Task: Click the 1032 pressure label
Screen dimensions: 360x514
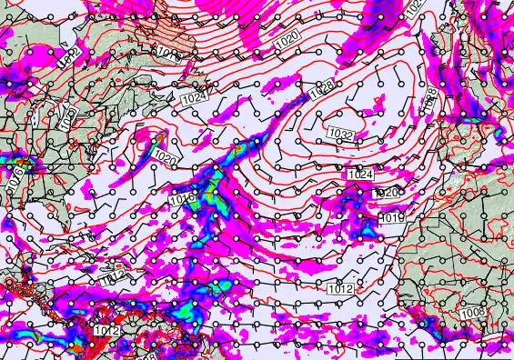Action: tap(341, 134)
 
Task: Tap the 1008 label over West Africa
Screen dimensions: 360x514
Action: tap(472, 314)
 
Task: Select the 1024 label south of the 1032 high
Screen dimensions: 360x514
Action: tap(360, 174)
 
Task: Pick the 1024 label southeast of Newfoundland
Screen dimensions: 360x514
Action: tap(193, 95)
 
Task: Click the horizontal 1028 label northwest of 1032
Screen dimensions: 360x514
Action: tap(319, 91)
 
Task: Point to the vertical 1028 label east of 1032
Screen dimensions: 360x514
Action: tap(432, 100)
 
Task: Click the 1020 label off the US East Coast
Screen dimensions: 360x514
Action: tap(165, 158)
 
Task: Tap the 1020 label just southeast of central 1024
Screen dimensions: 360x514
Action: tap(388, 193)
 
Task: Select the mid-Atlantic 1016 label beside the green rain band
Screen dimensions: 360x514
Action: tap(180, 197)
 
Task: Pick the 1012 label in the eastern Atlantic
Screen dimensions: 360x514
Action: tap(340, 288)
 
